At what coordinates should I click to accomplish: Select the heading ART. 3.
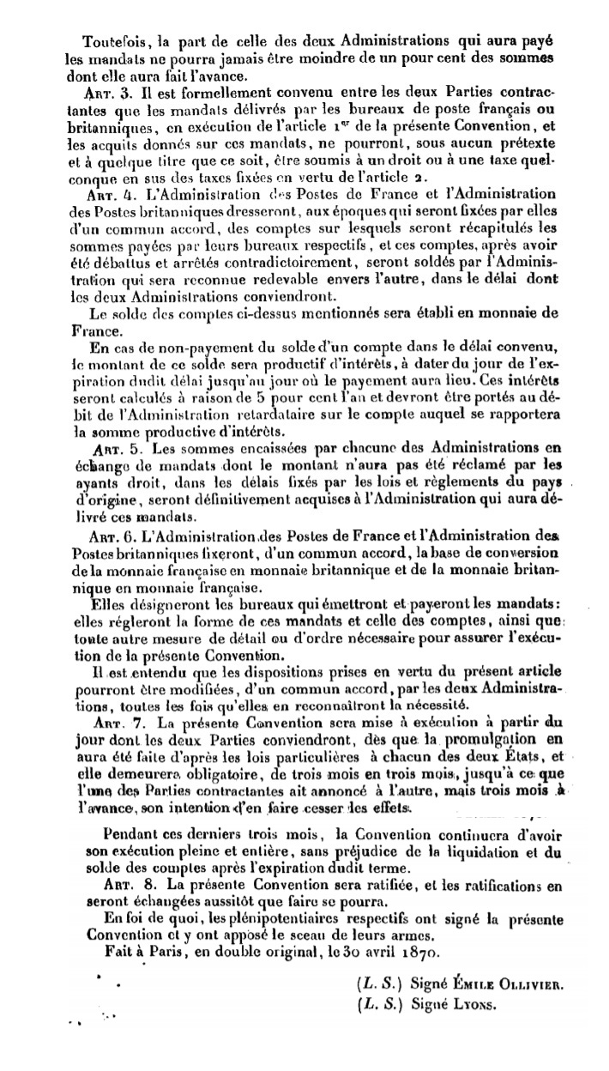pyautogui.click(x=112, y=90)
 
